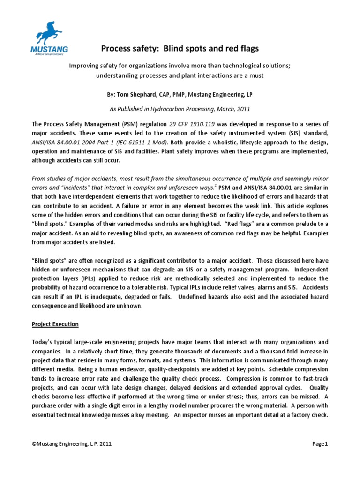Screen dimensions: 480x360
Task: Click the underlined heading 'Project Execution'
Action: [55, 324]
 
